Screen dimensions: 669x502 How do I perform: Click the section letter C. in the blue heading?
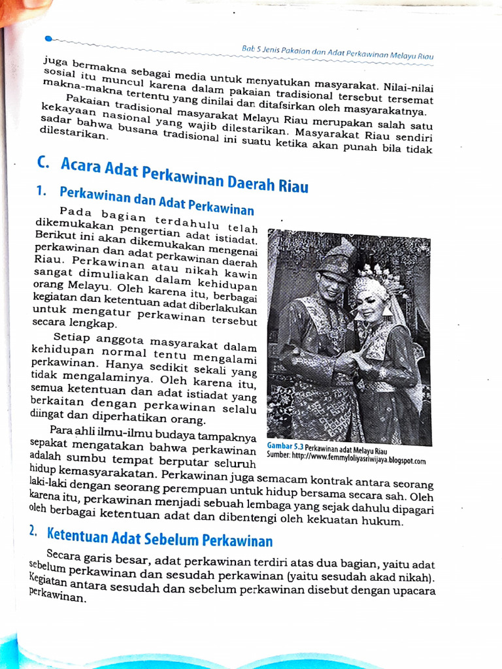coord(45,163)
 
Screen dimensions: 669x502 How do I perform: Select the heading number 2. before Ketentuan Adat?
coord(33,531)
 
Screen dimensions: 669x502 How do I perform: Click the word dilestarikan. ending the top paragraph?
coord(72,135)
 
